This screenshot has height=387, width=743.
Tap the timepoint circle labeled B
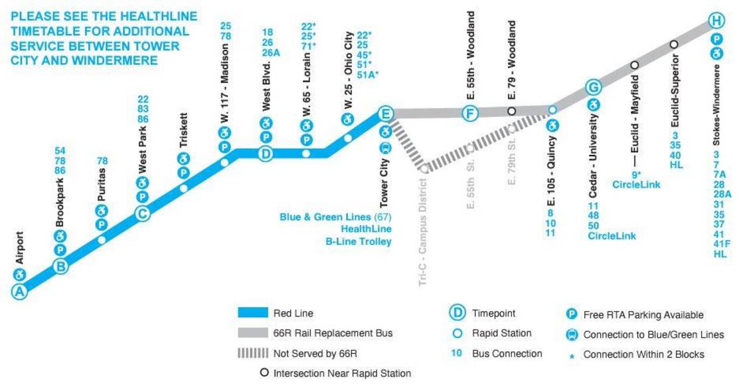coord(61,267)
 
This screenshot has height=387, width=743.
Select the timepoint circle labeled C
coord(142,213)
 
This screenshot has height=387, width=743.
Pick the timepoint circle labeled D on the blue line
coord(266,154)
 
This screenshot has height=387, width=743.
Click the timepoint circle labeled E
coord(385,114)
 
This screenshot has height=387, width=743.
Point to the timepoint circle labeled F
coord(470,113)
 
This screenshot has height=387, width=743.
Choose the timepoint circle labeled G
coord(594,87)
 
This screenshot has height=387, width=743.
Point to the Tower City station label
coord(384,184)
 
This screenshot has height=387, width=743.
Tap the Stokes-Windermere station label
coord(716,105)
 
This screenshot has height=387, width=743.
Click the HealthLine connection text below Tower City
coord(366,229)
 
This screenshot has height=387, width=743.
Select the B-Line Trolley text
coord(359,241)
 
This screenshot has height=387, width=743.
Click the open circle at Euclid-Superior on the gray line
coord(674,44)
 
